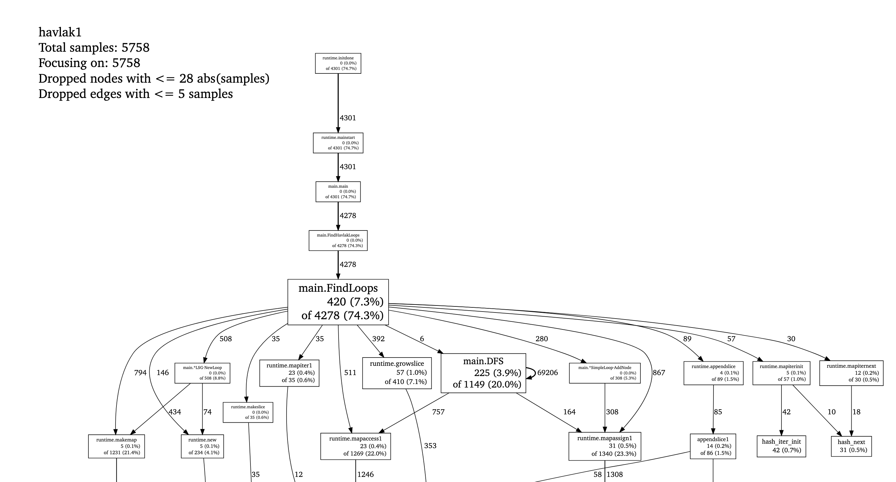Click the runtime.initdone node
[338, 63]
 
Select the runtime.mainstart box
[338, 143]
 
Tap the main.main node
[338, 192]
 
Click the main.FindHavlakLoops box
[338, 240]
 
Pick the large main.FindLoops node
[338, 302]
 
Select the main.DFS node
[483, 373]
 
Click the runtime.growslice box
[397, 373]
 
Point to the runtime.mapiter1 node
[289, 373]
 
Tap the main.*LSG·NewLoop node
[202, 373]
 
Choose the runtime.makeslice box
[248, 412]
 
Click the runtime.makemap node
[116, 446]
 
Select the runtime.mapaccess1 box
[355, 446]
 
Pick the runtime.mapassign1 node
[605, 446]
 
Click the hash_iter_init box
[781, 446]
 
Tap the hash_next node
[851, 446]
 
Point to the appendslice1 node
[713, 446]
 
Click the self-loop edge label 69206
[548, 373]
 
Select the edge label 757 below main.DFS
[438, 412]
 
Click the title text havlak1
[60, 32]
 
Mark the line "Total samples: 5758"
[94, 48]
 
